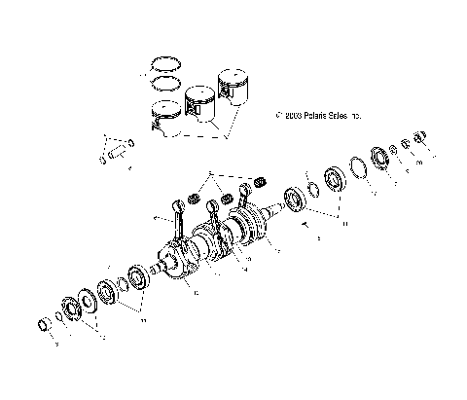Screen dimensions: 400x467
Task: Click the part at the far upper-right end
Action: (421, 138)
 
